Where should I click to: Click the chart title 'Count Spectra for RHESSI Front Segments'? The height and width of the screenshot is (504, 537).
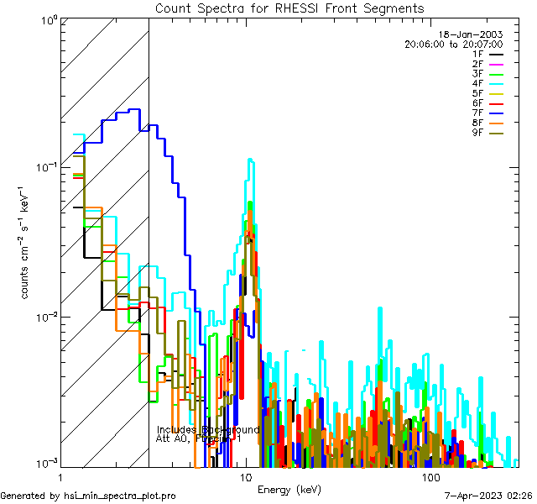coord(289,8)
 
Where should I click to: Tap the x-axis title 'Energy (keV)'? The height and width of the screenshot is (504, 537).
coord(288,489)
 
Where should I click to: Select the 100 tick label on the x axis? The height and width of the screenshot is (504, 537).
coord(430,476)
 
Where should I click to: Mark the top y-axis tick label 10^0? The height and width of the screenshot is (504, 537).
coord(45,19)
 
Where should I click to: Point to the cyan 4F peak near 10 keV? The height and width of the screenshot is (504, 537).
coord(249,159)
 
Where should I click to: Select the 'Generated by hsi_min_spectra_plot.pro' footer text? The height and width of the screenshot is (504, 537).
coord(88,496)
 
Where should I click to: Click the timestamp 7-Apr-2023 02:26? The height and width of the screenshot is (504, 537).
coord(485,496)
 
